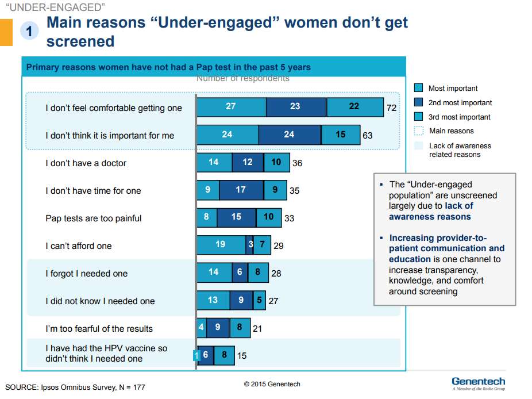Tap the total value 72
coord(392,108)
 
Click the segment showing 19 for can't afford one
coord(221,245)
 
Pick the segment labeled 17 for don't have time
coord(241,190)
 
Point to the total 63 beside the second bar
coord(368,136)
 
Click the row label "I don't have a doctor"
coord(86,163)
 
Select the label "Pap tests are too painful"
coord(94,218)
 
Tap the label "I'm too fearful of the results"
coord(99,328)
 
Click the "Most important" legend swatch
coord(419,88)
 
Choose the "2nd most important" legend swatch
coord(419,102)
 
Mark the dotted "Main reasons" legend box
coord(419,131)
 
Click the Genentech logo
coord(478,383)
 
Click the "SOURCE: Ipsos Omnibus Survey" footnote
coord(75,387)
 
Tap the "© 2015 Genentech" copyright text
coord(272,384)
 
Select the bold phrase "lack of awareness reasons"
coord(431,211)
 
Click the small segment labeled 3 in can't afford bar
coord(250,245)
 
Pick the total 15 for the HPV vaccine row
coord(242,356)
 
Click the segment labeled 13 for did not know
coord(213,300)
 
